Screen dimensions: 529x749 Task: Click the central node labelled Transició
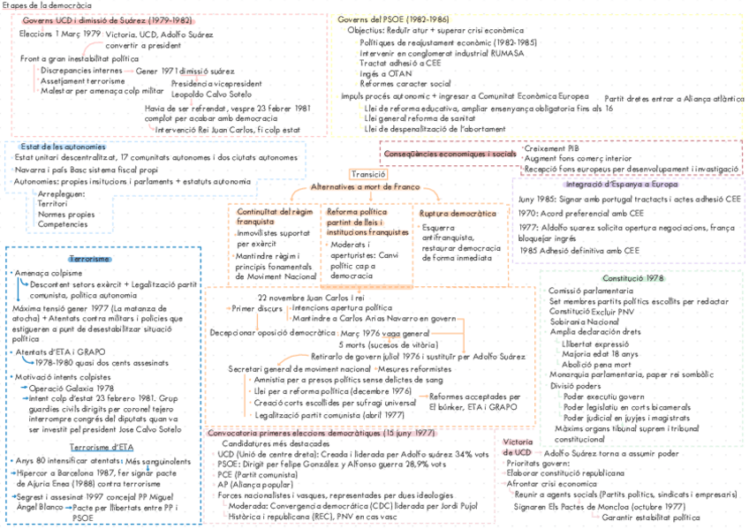click(x=367, y=175)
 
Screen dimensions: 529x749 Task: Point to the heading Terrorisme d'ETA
click(x=102, y=448)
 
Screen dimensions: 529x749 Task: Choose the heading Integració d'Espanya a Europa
click(x=622, y=185)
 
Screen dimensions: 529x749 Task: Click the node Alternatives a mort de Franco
click(x=364, y=188)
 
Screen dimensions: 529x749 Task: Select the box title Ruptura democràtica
click(x=458, y=214)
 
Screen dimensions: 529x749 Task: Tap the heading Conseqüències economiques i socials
click(x=450, y=154)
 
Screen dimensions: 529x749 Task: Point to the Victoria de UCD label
click(x=517, y=447)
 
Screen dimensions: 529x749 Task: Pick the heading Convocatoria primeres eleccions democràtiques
click(x=322, y=434)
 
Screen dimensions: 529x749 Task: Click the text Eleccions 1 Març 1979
click(x=59, y=34)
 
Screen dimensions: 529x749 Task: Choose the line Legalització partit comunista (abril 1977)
click(x=317, y=414)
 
